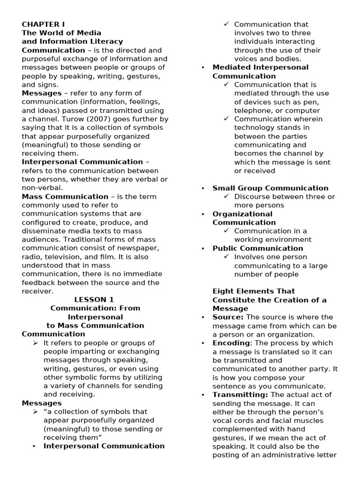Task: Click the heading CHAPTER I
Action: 43,24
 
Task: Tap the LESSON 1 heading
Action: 94,300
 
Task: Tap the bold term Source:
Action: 228,317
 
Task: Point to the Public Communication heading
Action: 258,248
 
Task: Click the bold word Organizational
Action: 242,214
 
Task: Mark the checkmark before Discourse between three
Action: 227,196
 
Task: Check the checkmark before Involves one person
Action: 227,257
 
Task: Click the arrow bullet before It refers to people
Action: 36,343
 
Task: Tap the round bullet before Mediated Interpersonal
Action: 203,67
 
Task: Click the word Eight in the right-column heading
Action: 222,291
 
